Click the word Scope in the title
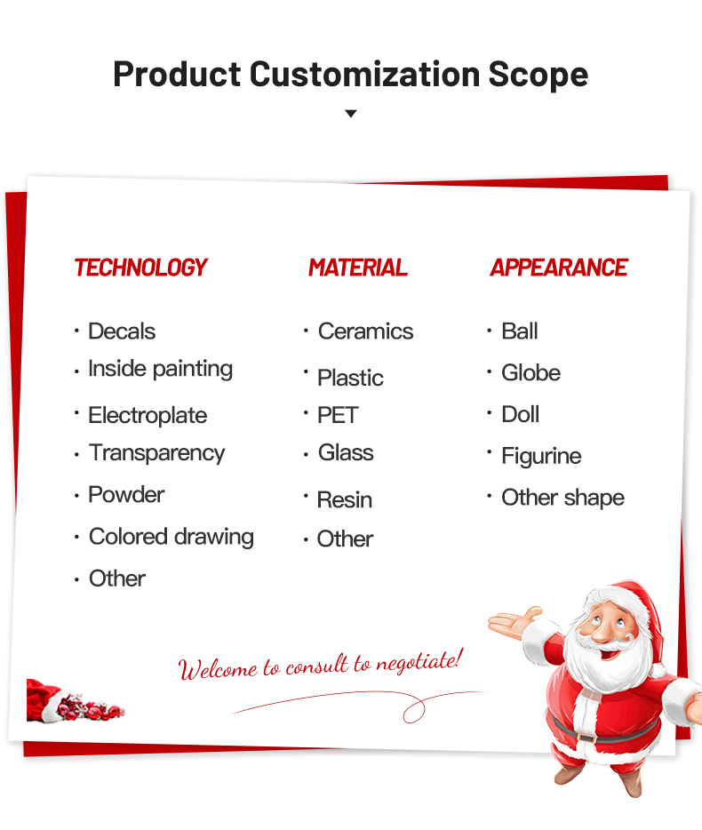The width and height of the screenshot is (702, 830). [538, 74]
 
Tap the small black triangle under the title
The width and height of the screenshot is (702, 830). [350, 113]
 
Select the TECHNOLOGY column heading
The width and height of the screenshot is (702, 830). [140, 267]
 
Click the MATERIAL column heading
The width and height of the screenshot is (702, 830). [358, 267]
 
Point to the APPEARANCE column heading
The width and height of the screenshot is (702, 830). [559, 267]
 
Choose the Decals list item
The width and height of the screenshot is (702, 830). [122, 331]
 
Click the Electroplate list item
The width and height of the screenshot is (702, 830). [148, 416]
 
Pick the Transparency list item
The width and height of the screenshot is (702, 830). [156, 453]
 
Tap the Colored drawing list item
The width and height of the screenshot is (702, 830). [172, 538]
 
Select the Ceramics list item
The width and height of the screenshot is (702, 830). [366, 331]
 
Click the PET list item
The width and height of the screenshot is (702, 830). [338, 415]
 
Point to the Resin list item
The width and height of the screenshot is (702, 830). [345, 500]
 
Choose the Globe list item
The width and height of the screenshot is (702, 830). [531, 373]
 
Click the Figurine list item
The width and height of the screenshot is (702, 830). [541, 456]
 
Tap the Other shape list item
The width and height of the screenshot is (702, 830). [563, 499]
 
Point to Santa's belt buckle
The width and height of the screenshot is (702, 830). [586, 738]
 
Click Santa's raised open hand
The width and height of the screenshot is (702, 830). [514, 622]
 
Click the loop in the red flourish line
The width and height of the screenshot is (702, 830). [414, 710]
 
